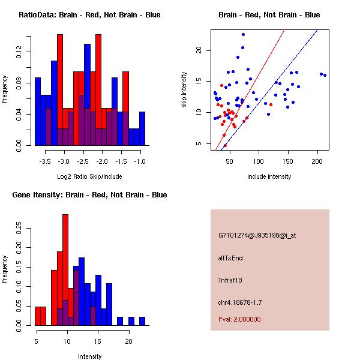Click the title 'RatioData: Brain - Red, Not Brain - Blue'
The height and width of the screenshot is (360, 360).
click(x=89, y=15)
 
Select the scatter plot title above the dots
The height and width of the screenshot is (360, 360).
click(x=269, y=15)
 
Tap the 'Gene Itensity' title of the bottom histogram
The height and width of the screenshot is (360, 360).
click(x=89, y=195)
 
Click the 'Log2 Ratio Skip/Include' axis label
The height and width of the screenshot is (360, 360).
click(x=89, y=176)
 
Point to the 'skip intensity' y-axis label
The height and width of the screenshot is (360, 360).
click(x=184, y=91)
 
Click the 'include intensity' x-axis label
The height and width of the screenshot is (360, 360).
click(x=269, y=176)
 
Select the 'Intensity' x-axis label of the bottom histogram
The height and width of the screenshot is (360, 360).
click(x=89, y=356)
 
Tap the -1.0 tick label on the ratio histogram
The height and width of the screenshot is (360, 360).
click(x=140, y=162)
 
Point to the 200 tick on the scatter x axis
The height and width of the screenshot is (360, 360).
click(x=317, y=162)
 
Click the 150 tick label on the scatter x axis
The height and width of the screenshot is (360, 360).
click(x=288, y=162)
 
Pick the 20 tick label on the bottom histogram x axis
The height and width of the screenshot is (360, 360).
click(x=128, y=342)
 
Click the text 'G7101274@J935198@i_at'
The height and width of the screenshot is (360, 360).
click(x=257, y=235)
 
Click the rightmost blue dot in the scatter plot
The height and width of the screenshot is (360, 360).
click(x=325, y=75)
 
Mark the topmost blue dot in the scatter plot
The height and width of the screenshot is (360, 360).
click(x=243, y=34)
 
